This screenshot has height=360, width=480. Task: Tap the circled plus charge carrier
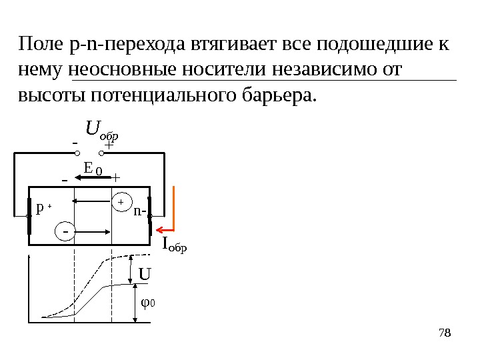point(121,201)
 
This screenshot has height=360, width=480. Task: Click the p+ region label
point(43,209)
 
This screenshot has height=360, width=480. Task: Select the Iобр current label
point(175,246)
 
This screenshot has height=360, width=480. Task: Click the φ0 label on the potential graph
point(148,304)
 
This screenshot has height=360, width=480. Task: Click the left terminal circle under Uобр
point(77,153)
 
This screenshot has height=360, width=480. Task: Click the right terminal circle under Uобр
point(99,153)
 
